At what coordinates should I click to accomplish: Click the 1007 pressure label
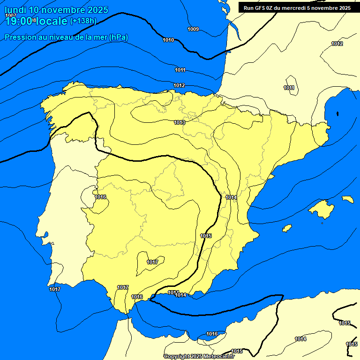pyautogui.click(x=10, y=15)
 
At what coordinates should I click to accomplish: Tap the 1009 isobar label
pyautogui.click(x=193, y=30)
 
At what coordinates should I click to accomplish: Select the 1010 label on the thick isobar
pyautogui.click(x=168, y=40)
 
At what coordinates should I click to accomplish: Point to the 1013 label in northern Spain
pyautogui.click(x=180, y=122)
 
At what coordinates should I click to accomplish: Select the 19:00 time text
pyautogui.click(x=18, y=21)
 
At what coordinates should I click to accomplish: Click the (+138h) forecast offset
pyautogui.click(x=83, y=21)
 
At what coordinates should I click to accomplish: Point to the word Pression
pyautogui.click(x=19, y=37)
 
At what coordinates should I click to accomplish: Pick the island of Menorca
pyautogui.click(x=348, y=199)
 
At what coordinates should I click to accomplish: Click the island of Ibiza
pyautogui.click(x=287, y=228)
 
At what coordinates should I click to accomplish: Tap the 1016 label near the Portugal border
pyautogui.click(x=100, y=197)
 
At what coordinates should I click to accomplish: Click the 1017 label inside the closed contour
pyautogui.click(x=152, y=262)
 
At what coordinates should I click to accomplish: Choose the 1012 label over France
pyautogui.click(x=337, y=44)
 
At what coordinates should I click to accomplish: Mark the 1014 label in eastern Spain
pyautogui.click(x=231, y=197)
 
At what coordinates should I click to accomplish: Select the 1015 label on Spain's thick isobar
pyautogui.click(x=206, y=236)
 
